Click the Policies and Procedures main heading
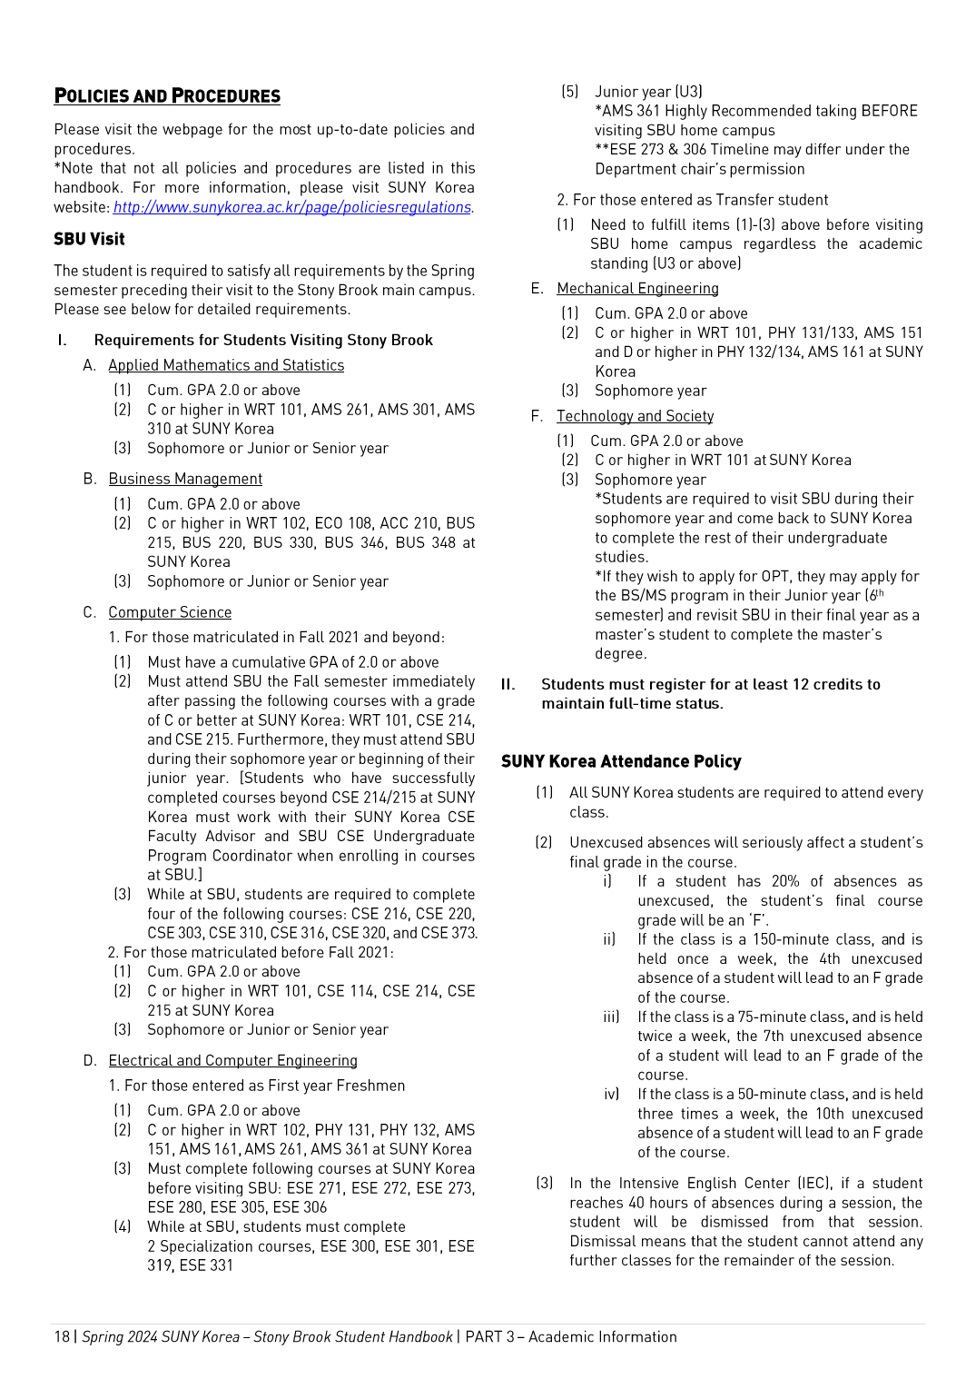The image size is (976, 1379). pyautogui.click(x=167, y=96)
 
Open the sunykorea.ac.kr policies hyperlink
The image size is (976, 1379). pyautogui.click(x=291, y=207)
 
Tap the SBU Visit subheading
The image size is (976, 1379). pyautogui.click(x=89, y=239)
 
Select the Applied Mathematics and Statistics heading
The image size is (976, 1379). pyautogui.click(x=226, y=365)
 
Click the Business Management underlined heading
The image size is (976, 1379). pyautogui.click(x=185, y=479)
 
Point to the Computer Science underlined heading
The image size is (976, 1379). pyautogui.click(x=170, y=612)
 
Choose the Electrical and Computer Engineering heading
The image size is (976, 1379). pyautogui.click(x=232, y=1060)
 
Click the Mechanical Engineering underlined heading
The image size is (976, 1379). pyautogui.click(x=637, y=288)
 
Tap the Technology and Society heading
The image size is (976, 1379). pyautogui.click(x=635, y=416)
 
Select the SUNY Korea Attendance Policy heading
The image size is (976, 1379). pyautogui.click(x=621, y=761)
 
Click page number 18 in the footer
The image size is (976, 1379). pyautogui.click(x=62, y=1336)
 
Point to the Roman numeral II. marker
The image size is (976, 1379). pyautogui.click(x=508, y=684)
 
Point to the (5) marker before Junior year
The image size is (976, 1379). pyautogui.click(x=569, y=92)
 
